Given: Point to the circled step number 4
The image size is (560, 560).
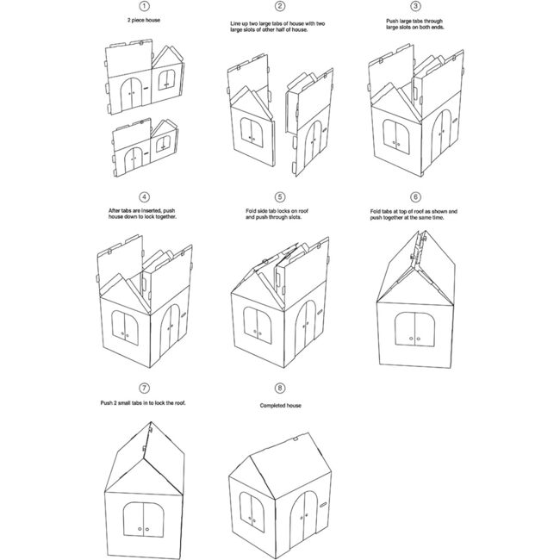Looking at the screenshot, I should point(144,196).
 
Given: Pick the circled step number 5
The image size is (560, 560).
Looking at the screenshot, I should point(280,196).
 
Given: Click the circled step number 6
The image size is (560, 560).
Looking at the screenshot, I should point(416,196).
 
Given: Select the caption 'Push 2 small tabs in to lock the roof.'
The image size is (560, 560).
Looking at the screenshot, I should point(144,403).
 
